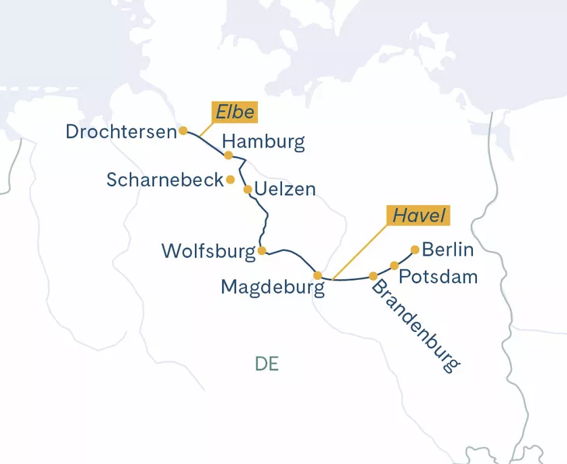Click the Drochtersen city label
pos(121,132)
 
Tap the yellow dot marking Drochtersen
pos(183,131)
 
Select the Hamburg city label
pos(263,141)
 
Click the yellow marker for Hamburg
pos(228,155)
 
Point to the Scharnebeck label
pos(165,180)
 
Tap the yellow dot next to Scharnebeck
pos(230,180)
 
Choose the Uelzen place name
pos(286,190)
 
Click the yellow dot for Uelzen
pos(248,189)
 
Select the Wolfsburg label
pos(208,251)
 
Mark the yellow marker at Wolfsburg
pos(262,250)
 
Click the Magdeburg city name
pos(272,287)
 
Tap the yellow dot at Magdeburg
pos(318,275)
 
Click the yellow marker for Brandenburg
pos(374,276)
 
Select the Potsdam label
pos(437,277)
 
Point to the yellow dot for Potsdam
pos(395,266)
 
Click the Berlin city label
pos(448,250)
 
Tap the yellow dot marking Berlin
pos(415,249)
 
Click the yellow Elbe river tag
pos(235,113)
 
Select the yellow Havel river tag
pos(419,216)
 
